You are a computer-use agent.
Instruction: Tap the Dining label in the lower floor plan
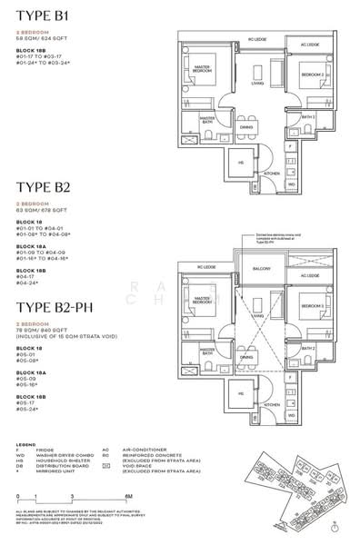(x=247, y=358)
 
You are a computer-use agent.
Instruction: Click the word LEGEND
(x=27, y=446)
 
